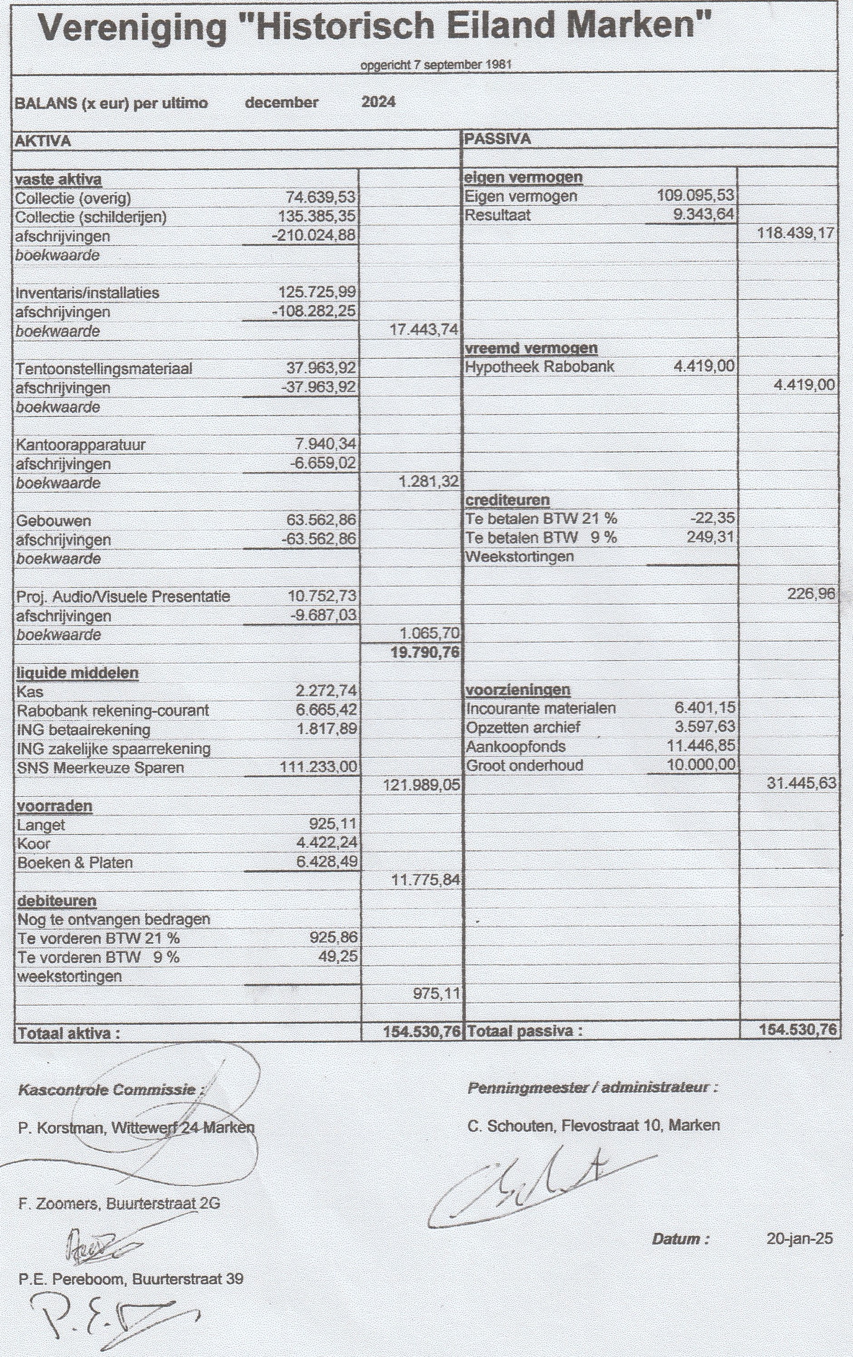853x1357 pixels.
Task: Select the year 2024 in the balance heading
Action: click(x=378, y=102)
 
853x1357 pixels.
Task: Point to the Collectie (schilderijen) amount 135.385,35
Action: click(x=317, y=217)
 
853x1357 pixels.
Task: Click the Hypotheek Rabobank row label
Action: click(x=539, y=367)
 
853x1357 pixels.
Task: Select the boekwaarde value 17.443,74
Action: click(x=424, y=330)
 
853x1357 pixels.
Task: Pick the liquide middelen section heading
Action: click(x=77, y=673)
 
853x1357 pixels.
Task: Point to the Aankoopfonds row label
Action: click(x=515, y=747)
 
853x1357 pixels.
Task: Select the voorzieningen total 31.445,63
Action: click(x=801, y=783)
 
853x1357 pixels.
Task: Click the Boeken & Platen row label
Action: click(x=75, y=863)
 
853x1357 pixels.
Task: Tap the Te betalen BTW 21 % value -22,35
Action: click(x=715, y=518)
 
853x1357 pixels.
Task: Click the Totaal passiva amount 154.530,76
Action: click(x=797, y=1030)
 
